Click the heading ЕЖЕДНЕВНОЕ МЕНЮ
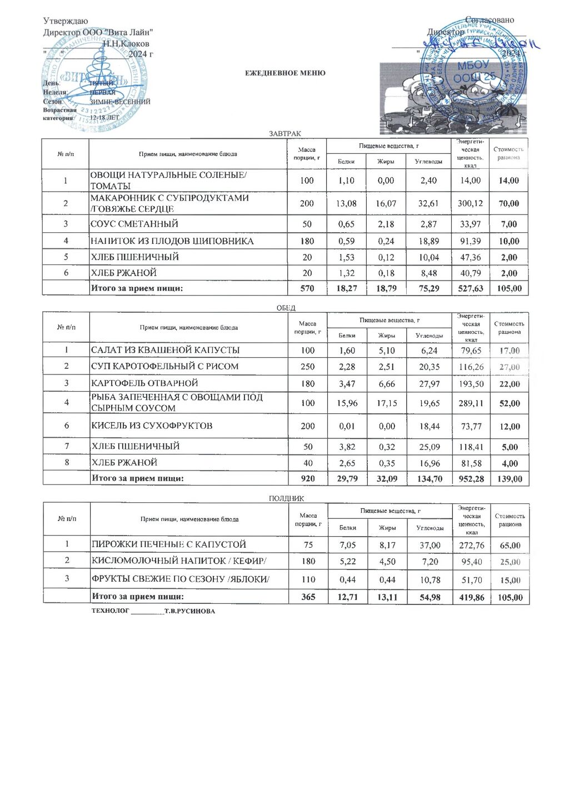[x=286, y=73]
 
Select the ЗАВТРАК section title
[x=285, y=134]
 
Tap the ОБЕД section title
[x=286, y=308]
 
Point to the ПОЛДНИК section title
[x=286, y=498]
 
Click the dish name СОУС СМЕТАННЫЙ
[x=134, y=224]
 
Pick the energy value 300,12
[x=470, y=203]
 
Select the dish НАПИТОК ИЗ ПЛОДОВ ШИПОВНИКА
[x=172, y=241]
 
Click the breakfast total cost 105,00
[x=509, y=288]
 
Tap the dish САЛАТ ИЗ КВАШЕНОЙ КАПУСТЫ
[x=166, y=350]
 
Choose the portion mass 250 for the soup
[x=307, y=367]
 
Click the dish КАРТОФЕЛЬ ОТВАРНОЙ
[x=144, y=383]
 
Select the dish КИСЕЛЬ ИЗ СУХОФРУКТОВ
[x=152, y=426]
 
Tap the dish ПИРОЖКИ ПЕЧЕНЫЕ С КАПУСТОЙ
[x=169, y=544]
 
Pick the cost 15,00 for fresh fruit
[x=510, y=580]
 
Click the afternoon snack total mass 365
[x=308, y=597]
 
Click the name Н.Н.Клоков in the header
[x=126, y=43]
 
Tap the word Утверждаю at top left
[x=66, y=21]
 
